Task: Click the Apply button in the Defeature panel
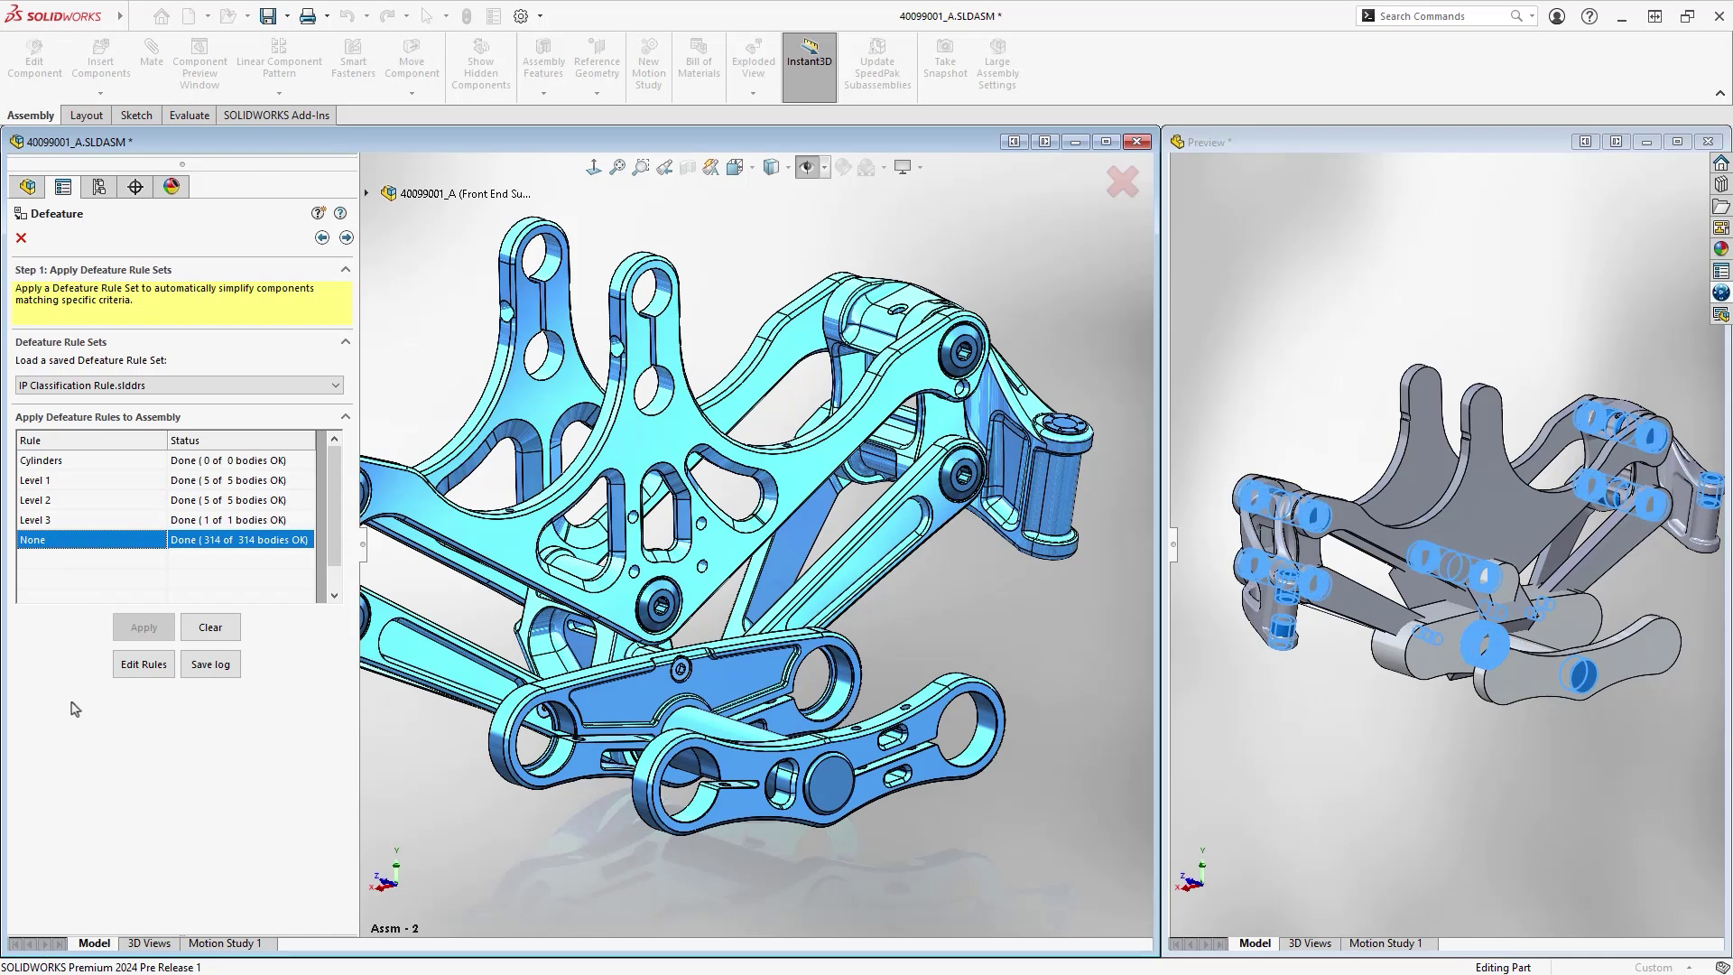144,627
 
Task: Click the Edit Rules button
144,664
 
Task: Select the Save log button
210,664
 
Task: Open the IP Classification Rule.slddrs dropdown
180,385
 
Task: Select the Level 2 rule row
90,500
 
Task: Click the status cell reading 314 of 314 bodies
239,540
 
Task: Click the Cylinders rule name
42,460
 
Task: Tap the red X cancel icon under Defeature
21,238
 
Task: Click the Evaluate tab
190,116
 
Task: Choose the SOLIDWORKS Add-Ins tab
276,116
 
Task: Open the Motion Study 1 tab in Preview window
1385,943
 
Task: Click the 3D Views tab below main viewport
149,943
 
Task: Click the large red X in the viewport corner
1122,182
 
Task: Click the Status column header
240,441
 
